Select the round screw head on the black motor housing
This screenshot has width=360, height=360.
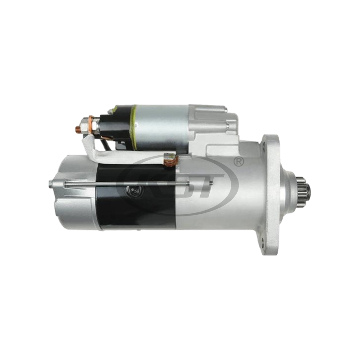131,191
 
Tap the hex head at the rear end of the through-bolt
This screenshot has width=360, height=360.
52,182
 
